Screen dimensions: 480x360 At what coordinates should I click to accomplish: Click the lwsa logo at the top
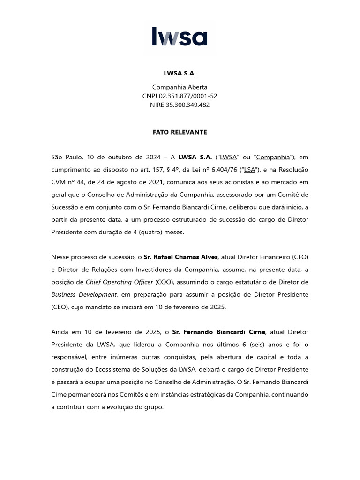pos(180,37)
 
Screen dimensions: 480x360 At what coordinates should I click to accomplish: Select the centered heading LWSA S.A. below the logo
pos(180,74)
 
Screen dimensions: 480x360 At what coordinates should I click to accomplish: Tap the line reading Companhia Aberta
pos(180,87)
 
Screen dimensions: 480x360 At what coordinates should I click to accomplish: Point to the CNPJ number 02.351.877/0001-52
pos(188,96)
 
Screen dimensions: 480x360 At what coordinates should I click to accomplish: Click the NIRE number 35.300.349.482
pos(187,105)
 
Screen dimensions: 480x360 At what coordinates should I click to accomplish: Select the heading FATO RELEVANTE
pos(180,132)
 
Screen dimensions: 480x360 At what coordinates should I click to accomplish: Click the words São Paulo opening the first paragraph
pos(66,157)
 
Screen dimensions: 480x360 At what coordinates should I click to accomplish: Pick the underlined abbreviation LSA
pos(249,170)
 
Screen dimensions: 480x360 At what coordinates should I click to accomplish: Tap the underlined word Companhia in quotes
pos(273,157)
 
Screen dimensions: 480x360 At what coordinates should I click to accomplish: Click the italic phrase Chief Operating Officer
pos(119,282)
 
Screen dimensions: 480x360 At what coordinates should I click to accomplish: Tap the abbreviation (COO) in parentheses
pos(166,282)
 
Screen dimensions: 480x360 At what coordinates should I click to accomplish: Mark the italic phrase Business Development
pos(83,294)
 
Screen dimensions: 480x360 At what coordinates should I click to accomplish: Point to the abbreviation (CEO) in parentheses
pos(61,307)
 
